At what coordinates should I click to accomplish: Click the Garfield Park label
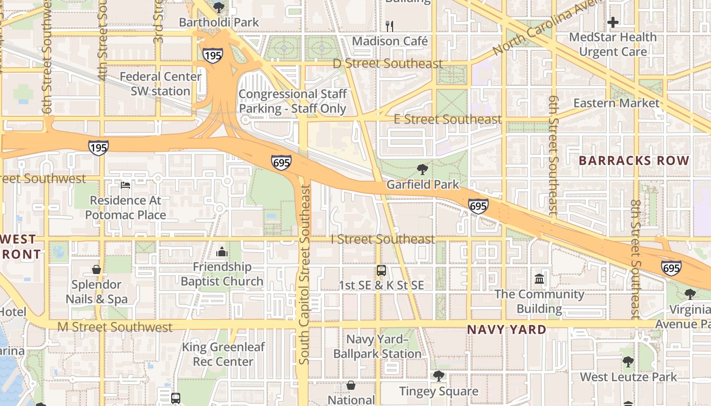[423, 185]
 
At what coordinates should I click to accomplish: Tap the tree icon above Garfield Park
[422, 169]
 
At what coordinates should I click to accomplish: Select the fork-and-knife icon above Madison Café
[390, 25]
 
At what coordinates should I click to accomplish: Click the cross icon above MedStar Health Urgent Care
[613, 22]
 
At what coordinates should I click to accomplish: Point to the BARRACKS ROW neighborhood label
[634, 161]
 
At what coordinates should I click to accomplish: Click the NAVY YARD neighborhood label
[506, 329]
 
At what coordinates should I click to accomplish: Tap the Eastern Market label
[616, 103]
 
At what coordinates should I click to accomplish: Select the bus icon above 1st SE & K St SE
[381, 270]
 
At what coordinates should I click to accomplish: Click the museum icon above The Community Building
[539, 279]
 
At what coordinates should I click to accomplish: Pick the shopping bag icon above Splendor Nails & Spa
[96, 269]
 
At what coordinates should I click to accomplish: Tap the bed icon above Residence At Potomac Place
[125, 185]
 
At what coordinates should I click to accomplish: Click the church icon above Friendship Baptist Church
[221, 251]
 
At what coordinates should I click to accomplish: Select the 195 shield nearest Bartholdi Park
[212, 55]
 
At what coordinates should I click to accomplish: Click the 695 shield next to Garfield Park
[478, 206]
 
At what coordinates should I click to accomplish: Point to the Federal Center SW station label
[160, 84]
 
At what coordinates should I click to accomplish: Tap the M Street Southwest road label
[115, 327]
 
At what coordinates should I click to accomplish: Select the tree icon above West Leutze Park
[628, 362]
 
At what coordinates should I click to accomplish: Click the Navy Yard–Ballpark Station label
[377, 346]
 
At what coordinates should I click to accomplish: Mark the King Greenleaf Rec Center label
[223, 354]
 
